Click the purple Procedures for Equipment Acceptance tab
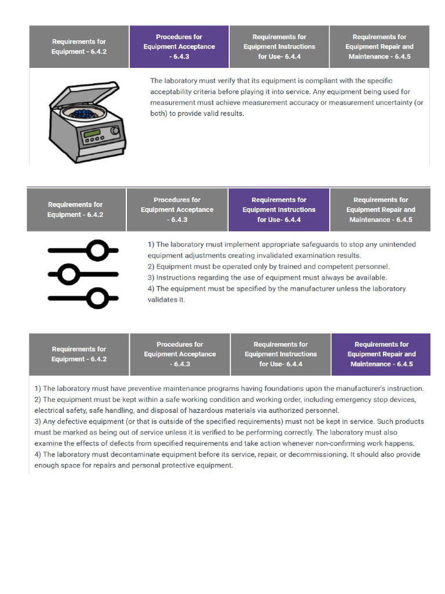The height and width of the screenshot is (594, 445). click(x=179, y=46)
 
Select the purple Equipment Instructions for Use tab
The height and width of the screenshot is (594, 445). click(x=279, y=209)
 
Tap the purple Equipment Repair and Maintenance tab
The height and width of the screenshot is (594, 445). click(x=381, y=354)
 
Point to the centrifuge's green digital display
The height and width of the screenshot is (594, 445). click(x=93, y=137)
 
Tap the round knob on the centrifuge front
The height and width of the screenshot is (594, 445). click(x=115, y=131)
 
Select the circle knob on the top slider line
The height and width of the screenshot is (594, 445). click(x=97, y=251)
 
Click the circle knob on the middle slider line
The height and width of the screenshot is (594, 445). click(x=70, y=274)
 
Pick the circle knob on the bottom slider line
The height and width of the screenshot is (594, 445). click(x=97, y=298)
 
